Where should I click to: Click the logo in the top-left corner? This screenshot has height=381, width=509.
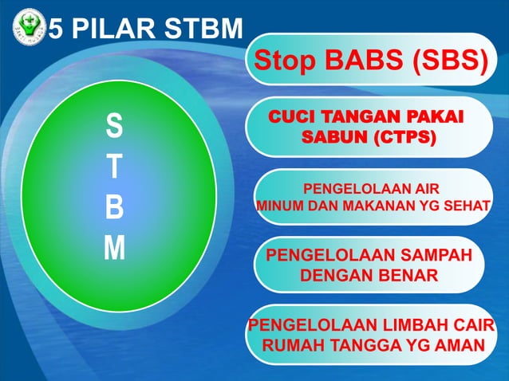pos(29,29)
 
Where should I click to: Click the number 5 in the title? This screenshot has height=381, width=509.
pos(57,29)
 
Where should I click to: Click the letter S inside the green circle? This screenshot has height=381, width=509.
pos(115,126)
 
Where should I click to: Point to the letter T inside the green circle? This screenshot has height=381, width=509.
pos(115,167)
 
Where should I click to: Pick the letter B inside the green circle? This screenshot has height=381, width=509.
pos(115,208)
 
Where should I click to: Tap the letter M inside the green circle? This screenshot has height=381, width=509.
pos(115,249)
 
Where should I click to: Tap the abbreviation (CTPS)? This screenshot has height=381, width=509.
pos(404,137)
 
